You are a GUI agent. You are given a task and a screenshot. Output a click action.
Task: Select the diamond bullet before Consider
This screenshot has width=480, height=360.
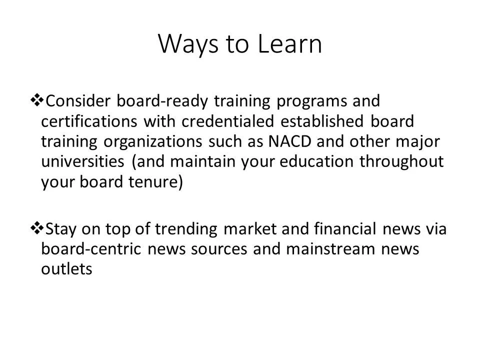point(37,100)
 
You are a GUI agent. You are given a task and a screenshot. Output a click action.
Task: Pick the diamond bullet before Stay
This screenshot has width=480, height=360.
point(37,228)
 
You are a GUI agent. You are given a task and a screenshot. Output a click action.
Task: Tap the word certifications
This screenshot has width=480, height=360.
point(89,121)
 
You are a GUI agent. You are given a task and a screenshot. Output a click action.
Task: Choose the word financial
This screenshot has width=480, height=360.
point(345,229)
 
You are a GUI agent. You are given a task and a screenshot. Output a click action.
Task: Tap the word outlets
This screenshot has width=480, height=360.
point(66,269)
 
